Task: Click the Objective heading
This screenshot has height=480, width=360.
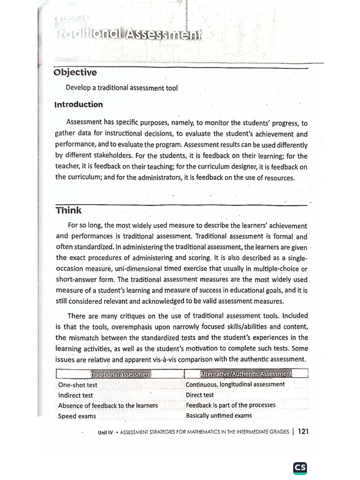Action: pos(75,73)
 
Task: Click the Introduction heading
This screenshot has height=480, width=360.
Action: pos(79,105)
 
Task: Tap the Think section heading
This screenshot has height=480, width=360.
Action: pos(68,210)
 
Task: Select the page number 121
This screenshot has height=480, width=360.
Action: pos(303,432)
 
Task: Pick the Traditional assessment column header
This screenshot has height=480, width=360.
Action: pos(120,374)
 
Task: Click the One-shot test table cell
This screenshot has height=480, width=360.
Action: pos(78,385)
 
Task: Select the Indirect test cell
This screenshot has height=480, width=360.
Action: pos(75,395)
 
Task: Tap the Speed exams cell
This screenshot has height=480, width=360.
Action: pos(77,416)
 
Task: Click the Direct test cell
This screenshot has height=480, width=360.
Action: pos(200,395)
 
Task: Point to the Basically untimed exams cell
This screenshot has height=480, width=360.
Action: pos(219,415)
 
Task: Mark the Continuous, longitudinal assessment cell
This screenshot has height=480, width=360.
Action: pos(235,384)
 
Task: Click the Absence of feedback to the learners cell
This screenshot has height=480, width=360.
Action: pos(108,405)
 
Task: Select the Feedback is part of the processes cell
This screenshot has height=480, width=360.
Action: pos(231,405)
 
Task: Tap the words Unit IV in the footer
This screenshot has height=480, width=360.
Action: pos(105,433)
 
